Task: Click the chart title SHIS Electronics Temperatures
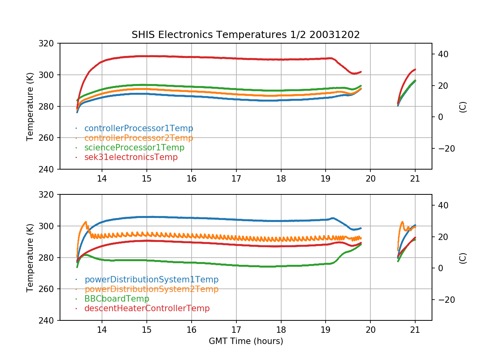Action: [246, 35]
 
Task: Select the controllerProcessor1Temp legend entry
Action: [138, 128]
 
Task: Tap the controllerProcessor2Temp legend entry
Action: [138, 138]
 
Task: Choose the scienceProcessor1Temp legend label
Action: [134, 148]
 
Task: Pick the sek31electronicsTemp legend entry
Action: [131, 157]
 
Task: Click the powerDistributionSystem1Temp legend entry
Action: [151, 280]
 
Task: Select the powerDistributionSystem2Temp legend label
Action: [151, 289]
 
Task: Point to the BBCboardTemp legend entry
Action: [116, 299]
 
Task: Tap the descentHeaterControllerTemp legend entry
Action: [147, 308]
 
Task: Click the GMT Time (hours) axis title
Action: [246, 341]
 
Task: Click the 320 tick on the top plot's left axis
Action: [50, 43]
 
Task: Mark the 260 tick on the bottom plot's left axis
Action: [50, 289]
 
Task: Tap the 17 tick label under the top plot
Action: [236, 179]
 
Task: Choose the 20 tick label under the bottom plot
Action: [370, 330]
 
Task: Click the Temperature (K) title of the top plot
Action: [30, 106]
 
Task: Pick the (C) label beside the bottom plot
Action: [463, 258]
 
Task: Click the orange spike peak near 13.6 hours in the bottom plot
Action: [86, 222]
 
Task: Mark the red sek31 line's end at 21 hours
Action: [415, 69]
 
